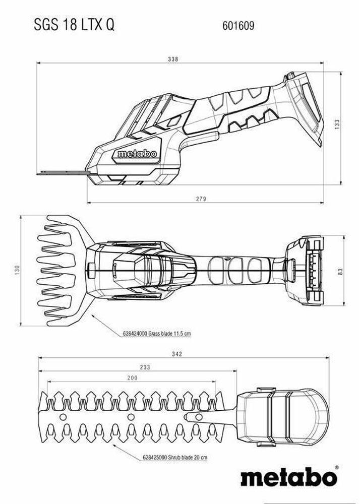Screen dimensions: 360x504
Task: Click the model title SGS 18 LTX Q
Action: click(74, 25)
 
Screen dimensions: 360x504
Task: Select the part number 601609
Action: click(238, 25)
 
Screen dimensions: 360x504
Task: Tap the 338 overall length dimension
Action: click(172, 59)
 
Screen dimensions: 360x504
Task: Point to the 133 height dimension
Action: click(337, 124)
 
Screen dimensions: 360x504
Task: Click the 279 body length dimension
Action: click(201, 199)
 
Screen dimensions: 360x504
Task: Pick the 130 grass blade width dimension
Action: click(17, 270)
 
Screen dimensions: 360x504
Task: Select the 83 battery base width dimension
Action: click(340, 272)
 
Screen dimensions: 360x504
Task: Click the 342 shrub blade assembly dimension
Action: click(176, 354)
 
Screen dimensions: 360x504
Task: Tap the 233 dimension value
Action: click(145, 367)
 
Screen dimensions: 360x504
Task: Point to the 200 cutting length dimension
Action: click(132, 378)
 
